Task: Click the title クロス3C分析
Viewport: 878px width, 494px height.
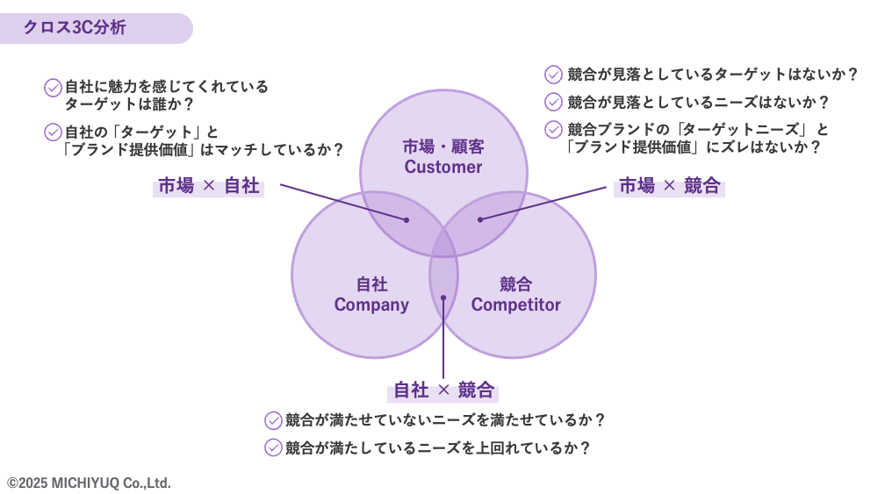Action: pyautogui.click(x=75, y=27)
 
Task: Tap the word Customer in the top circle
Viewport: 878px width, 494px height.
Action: pyautogui.click(x=443, y=167)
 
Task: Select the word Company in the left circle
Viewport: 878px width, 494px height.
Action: pyautogui.click(x=371, y=304)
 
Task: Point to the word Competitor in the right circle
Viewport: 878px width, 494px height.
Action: pyautogui.click(x=515, y=304)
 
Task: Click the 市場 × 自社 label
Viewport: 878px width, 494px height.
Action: pyautogui.click(x=208, y=186)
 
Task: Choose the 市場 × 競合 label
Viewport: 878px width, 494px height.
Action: pyautogui.click(x=669, y=186)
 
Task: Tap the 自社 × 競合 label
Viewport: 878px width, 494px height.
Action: pyautogui.click(x=443, y=390)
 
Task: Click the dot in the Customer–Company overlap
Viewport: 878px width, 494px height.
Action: pyautogui.click(x=407, y=220)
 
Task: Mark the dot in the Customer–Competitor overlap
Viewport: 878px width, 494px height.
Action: pyautogui.click(x=480, y=219)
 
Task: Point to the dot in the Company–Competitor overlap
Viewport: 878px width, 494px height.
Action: pyautogui.click(x=443, y=297)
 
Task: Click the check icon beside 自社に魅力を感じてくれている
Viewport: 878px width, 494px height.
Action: pyautogui.click(x=53, y=87)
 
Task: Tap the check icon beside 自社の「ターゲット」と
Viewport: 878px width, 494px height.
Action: pyautogui.click(x=53, y=132)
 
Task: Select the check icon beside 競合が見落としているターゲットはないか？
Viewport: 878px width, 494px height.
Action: pyautogui.click(x=553, y=75)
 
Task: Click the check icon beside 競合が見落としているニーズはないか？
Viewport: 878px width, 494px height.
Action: pyautogui.click(x=553, y=102)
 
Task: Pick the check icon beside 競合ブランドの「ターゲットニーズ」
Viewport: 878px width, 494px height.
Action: pyautogui.click(x=553, y=130)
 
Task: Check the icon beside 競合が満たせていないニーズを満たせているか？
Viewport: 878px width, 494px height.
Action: pyautogui.click(x=273, y=420)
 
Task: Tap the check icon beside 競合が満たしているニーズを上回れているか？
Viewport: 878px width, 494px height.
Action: pyautogui.click(x=273, y=447)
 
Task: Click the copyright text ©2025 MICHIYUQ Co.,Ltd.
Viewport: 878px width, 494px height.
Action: pyautogui.click(x=89, y=483)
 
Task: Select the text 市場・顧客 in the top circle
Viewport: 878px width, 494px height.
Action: pyautogui.click(x=443, y=147)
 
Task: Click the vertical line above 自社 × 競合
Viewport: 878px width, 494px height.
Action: pyautogui.click(x=443, y=338)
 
